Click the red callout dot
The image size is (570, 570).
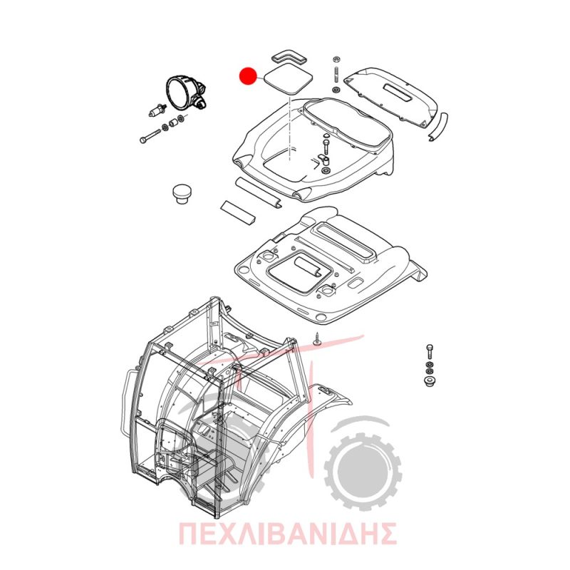[248, 77]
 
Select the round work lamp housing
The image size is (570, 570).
[185, 93]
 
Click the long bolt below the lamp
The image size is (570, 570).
[150, 135]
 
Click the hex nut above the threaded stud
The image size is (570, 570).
[336, 60]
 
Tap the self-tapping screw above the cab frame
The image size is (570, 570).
[316, 339]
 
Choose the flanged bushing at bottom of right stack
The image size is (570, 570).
[430, 382]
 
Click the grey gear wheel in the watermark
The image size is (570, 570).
[363, 472]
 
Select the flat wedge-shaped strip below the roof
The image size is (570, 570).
[238, 212]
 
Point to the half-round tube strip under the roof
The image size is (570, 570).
[258, 193]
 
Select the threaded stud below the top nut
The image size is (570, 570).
[336, 75]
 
